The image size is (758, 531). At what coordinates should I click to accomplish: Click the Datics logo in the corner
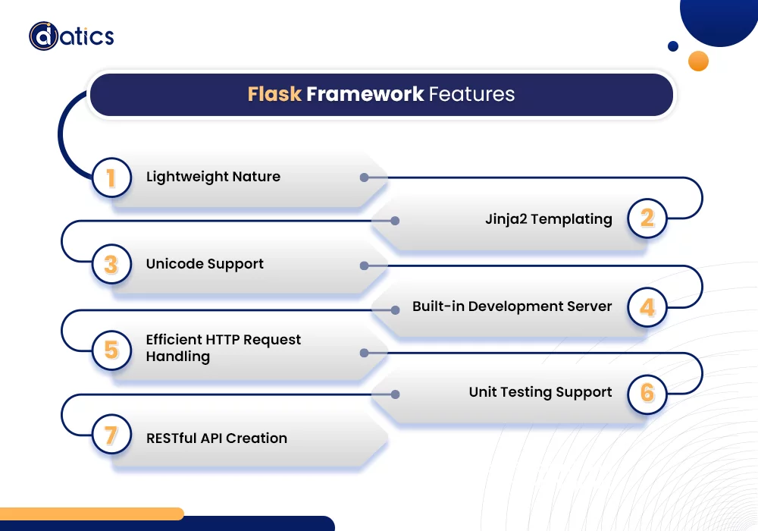click(71, 36)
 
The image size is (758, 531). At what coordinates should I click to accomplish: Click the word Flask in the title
click(274, 94)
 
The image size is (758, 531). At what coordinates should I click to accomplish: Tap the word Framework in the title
click(365, 94)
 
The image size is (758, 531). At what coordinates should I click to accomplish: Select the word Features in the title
click(471, 94)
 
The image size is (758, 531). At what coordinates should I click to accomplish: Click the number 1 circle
click(111, 178)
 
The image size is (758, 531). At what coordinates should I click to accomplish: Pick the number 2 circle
click(647, 219)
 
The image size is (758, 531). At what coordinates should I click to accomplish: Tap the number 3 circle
click(111, 265)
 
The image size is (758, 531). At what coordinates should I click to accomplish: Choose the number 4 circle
click(647, 307)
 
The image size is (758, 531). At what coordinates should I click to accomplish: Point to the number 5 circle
click(111, 350)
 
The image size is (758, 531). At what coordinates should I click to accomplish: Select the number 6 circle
click(647, 393)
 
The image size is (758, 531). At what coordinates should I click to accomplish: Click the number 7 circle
click(111, 436)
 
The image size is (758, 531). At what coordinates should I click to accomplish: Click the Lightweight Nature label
click(213, 177)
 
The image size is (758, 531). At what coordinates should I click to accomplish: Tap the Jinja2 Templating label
click(548, 219)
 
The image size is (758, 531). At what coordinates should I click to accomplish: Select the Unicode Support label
click(205, 264)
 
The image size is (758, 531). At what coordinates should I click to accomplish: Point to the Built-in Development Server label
click(512, 306)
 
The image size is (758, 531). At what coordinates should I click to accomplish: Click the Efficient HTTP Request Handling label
click(223, 347)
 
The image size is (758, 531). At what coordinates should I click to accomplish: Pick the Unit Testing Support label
click(540, 392)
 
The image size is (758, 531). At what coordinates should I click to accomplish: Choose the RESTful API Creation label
click(216, 438)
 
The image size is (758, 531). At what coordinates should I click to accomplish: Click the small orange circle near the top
click(698, 61)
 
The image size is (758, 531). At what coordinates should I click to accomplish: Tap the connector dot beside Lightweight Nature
click(364, 178)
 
